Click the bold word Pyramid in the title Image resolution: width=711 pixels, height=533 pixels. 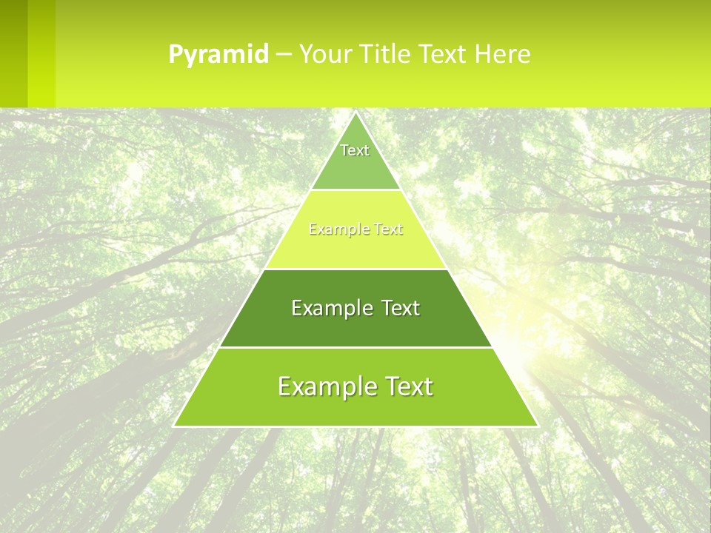pos(218,54)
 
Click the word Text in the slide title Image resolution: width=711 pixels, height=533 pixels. pos(444,54)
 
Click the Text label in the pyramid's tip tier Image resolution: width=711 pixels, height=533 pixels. pos(355,150)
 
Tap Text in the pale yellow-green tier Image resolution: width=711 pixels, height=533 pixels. pos(387,229)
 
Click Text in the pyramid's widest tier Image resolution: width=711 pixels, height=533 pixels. pos(407,386)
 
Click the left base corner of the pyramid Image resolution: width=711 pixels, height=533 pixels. pos(175,426)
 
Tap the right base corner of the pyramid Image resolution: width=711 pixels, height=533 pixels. pos(537,426)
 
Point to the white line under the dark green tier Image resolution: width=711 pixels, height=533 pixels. pos(355,347)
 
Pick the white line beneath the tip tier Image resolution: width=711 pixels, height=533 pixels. pos(355,190)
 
